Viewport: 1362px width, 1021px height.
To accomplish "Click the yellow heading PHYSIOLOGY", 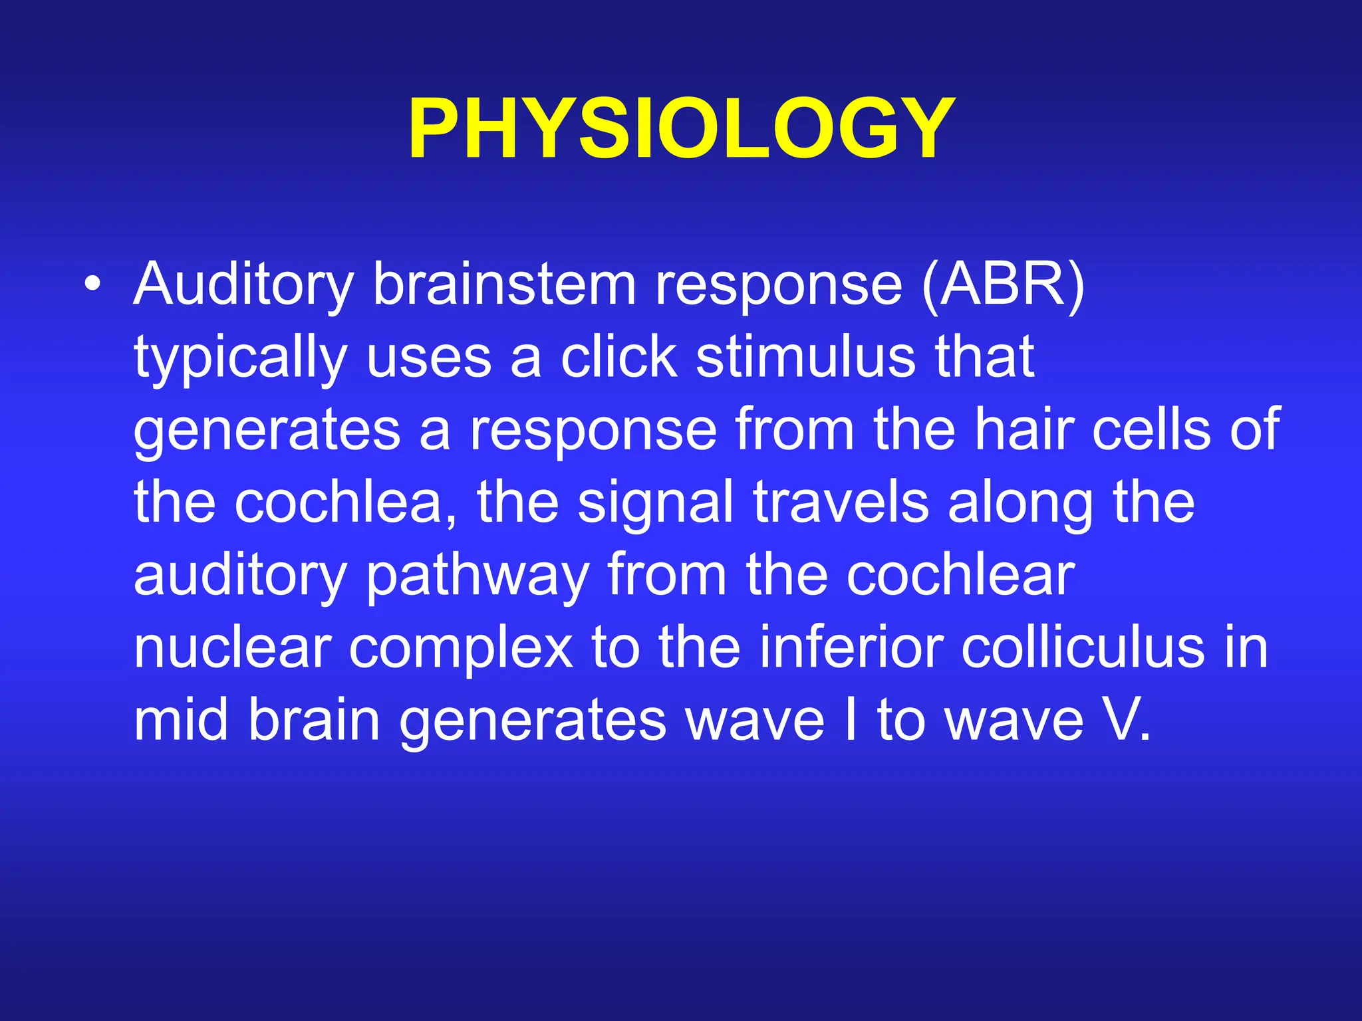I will tap(681, 128).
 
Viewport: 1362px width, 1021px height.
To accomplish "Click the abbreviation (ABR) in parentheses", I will tap(1003, 284).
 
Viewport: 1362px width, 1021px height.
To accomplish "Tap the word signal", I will tap(655, 504).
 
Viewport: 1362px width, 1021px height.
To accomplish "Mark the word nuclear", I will tap(232, 648).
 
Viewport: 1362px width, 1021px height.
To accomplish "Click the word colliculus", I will tap(1082, 648).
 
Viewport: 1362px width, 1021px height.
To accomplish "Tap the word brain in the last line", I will tap(313, 721).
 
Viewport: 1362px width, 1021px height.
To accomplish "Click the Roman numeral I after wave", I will tap(849, 721).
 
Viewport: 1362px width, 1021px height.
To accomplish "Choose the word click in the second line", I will tap(618, 357).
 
